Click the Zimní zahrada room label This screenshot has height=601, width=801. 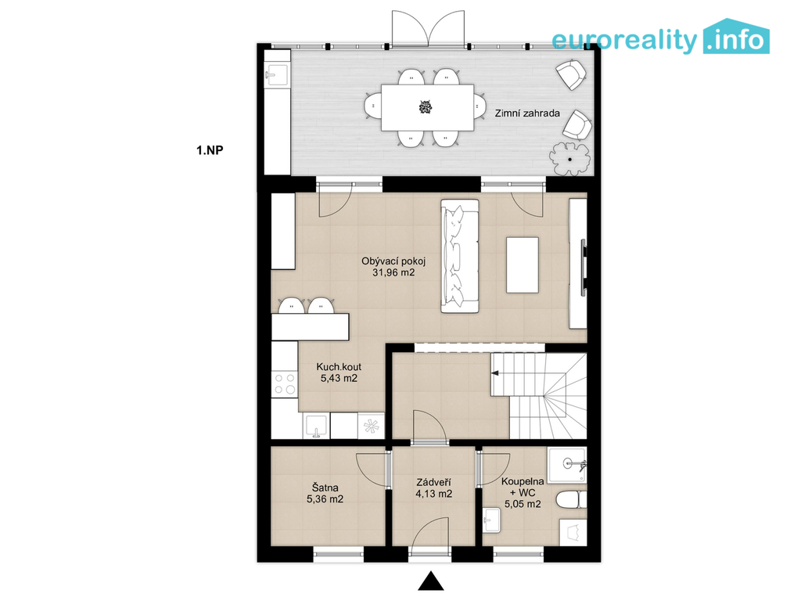(527, 113)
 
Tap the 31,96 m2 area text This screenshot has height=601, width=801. (393, 273)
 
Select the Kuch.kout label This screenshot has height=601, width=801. (339, 367)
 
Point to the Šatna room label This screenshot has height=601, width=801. (325, 488)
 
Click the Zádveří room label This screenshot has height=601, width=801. (433, 482)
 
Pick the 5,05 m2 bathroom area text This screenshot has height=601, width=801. (523, 505)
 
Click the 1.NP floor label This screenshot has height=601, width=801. (210, 150)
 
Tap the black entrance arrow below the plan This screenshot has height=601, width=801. (431, 581)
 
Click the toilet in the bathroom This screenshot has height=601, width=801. (571, 500)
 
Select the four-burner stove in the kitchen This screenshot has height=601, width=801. (285, 383)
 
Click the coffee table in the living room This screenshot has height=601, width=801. (522, 265)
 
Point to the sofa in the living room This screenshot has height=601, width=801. (460, 256)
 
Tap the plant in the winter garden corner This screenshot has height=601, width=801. (569, 159)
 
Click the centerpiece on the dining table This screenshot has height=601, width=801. (426, 107)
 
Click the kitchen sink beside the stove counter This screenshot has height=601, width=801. (317, 426)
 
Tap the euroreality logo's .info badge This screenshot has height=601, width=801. (736, 37)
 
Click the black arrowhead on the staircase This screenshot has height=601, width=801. (495, 373)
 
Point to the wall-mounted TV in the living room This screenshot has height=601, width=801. (583, 268)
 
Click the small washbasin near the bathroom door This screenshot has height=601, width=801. (493, 520)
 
